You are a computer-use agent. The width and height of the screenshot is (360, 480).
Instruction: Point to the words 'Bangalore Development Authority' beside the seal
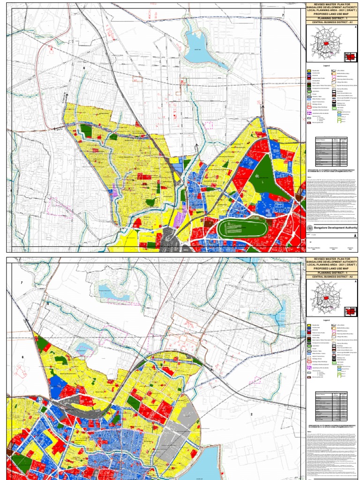335,227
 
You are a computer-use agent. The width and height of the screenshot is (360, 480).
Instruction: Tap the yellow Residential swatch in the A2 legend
309,325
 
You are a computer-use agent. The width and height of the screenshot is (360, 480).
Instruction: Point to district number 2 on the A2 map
251,414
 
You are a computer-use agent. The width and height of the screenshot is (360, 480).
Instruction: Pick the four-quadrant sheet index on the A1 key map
349,56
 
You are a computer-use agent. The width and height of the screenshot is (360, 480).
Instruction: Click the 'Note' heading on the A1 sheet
309,176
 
